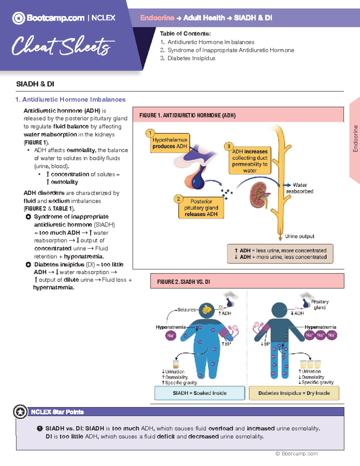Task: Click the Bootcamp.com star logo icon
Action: click(19, 18)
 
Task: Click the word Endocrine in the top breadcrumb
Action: click(157, 18)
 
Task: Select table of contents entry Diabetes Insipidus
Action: click(191, 58)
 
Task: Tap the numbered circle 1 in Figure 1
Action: click(150, 133)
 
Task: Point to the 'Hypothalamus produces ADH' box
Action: click(170, 143)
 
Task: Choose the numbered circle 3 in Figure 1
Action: click(229, 146)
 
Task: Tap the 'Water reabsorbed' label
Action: click(300, 188)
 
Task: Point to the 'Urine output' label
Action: click(299, 236)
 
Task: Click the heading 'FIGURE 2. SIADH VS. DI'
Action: click(184, 282)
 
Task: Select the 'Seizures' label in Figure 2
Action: click(186, 310)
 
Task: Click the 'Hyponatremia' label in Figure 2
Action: click(170, 327)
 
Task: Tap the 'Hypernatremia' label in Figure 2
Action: click(320, 327)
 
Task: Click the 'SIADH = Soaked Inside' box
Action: click(199, 393)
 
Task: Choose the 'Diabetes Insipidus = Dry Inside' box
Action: click(294, 393)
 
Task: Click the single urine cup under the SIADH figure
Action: click(176, 364)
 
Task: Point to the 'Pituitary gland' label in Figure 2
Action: click(319, 305)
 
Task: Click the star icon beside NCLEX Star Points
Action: click(20, 412)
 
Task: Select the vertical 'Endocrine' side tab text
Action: click(355, 138)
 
